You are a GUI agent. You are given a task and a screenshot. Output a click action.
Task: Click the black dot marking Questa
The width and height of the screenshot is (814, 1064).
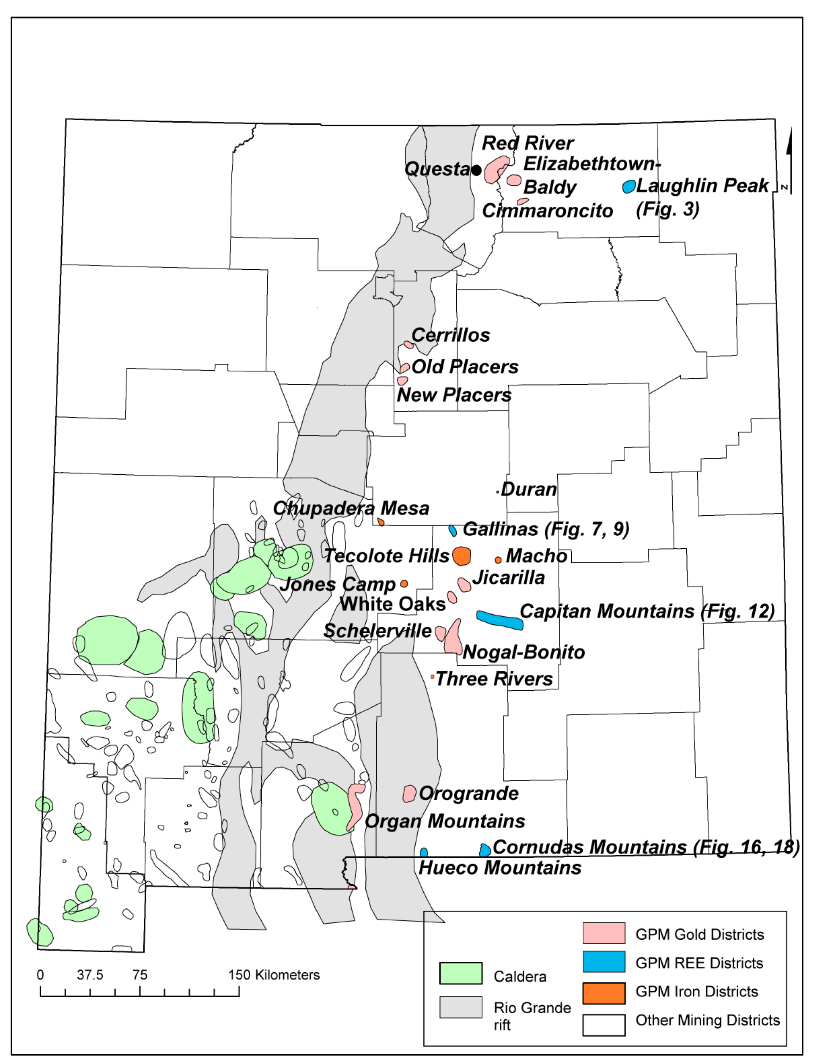tap(477, 170)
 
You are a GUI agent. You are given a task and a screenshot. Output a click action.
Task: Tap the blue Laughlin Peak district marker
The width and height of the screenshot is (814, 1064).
tap(629, 186)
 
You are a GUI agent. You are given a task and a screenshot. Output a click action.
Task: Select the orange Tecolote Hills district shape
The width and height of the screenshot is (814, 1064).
tap(462, 556)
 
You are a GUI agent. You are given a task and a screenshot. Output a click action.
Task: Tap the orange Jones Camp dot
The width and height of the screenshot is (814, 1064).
tap(404, 584)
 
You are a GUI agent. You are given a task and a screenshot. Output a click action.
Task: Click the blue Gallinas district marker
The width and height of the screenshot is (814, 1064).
tap(453, 531)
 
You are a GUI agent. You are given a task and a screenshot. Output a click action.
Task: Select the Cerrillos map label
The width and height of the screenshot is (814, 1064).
tap(451, 335)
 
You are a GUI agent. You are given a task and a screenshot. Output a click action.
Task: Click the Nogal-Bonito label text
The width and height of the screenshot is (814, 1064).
tap(524, 652)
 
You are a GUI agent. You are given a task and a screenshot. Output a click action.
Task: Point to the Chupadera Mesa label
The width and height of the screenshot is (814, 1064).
tap(351, 509)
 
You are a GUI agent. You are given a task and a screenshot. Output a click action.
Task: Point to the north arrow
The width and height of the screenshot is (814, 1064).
tap(789, 160)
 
